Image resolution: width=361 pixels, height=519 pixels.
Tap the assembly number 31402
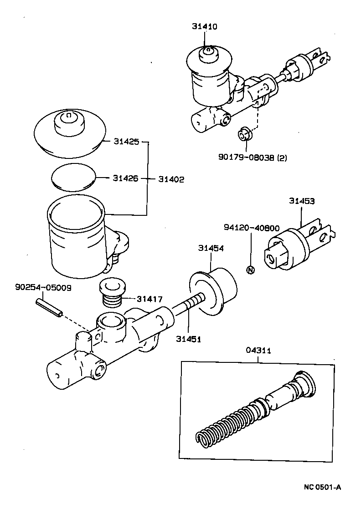(171, 179)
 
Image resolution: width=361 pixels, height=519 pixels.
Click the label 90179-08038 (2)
(252, 158)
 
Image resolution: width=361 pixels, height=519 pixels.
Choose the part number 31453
(301, 201)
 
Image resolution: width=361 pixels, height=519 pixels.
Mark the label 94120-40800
(251, 228)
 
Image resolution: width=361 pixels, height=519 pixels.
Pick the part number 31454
(211, 248)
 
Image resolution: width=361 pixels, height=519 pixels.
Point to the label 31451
(189, 338)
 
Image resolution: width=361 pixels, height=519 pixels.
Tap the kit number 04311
(258, 351)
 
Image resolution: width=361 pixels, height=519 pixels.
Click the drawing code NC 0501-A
(322, 487)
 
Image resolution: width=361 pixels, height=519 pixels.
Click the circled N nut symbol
(250, 270)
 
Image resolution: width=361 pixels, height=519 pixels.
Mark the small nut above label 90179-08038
(244, 135)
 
